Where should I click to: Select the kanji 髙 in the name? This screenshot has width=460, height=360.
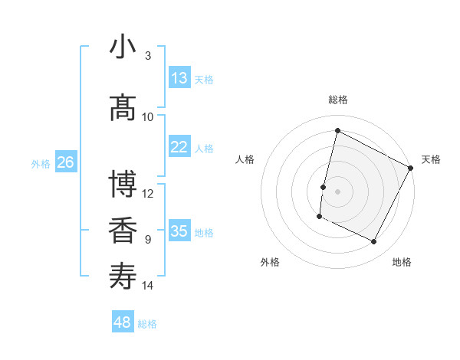123,107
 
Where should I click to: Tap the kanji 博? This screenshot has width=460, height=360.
123,184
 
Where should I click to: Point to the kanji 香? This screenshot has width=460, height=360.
123,230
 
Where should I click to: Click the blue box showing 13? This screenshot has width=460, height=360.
179,78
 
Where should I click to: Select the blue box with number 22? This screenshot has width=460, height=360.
179,147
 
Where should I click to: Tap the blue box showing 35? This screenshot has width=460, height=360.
179,231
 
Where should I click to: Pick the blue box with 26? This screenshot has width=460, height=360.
65,162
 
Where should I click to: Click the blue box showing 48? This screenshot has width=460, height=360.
123,322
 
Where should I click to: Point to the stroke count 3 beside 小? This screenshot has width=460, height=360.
148,56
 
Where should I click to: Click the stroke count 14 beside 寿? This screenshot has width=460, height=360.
148,286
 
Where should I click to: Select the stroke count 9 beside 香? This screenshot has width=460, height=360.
148,240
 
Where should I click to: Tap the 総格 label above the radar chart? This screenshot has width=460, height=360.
338,100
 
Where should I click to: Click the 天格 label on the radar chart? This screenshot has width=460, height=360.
431,159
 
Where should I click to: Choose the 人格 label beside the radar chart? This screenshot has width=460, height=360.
245,159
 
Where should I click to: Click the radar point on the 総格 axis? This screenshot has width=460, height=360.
337,131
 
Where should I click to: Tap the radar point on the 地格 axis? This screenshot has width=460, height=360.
374,242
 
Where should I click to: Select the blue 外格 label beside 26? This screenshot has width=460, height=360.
41,163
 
